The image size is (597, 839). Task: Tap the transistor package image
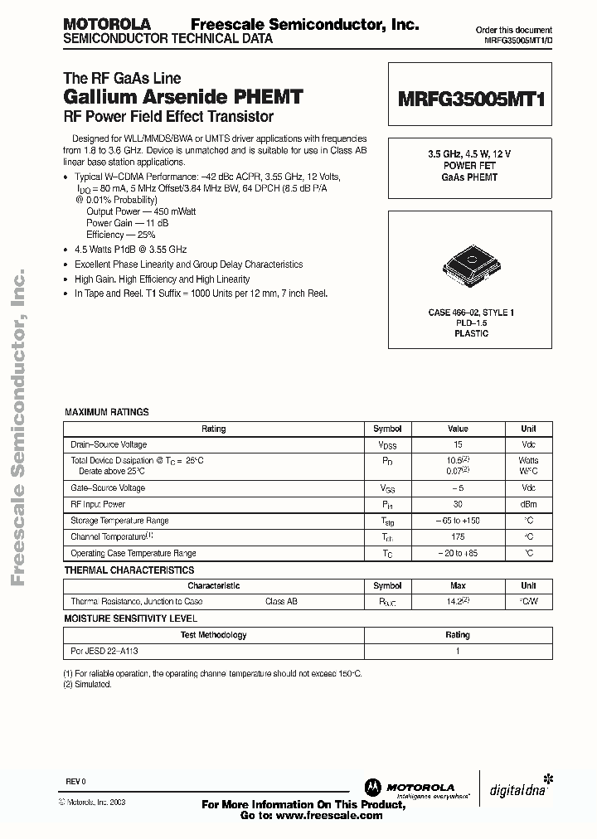tap(470, 259)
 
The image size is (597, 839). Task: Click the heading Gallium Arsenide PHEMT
tap(183, 96)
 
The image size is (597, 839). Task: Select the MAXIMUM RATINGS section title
tap(106, 412)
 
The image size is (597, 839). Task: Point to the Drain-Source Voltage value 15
tap(458, 444)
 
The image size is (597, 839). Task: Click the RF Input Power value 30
tap(458, 504)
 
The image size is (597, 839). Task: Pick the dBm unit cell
tap(528, 504)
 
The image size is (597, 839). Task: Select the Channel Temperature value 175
tap(458, 536)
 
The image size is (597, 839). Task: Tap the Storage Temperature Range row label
tap(119, 521)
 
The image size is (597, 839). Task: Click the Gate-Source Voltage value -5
tap(458, 488)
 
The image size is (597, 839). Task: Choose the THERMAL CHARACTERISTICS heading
tap(129, 570)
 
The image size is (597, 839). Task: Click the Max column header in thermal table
tap(458, 585)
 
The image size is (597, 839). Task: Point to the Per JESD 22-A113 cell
tap(104, 652)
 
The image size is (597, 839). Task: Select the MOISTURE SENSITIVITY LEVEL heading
tap(131, 618)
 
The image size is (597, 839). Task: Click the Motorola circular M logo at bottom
tap(371, 788)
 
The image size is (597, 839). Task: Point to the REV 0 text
tap(75, 782)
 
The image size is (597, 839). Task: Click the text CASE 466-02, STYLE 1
tap(471, 313)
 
